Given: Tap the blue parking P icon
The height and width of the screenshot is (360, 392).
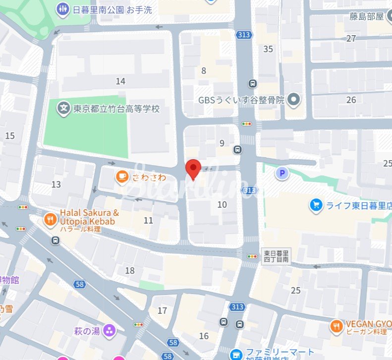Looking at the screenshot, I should [282, 173].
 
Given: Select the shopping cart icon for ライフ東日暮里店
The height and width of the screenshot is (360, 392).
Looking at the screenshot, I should [315, 205].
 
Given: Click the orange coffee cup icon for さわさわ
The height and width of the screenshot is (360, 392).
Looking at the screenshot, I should [122, 176].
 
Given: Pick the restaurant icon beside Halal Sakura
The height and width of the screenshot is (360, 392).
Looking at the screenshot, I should [50, 219].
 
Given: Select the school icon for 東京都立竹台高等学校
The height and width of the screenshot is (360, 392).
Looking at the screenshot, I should [63, 108].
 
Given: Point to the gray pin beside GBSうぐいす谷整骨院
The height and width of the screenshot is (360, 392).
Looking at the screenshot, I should [294, 100].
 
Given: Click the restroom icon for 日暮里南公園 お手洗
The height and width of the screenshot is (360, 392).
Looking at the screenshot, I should [62, 9].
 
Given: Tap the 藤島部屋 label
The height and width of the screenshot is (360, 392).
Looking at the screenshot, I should [366, 17].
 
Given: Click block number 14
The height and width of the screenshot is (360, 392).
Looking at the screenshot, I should [120, 81].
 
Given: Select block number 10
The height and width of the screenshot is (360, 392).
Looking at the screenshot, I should [222, 204].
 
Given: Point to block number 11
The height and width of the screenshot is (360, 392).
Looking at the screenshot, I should [148, 221].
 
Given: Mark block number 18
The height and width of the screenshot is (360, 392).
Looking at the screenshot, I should [130, 270].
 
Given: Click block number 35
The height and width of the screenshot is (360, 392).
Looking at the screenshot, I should [268, 49].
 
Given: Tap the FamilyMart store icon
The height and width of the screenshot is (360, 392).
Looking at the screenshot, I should [237, 354].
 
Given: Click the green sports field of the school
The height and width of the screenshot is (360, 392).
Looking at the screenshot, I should [84, 129].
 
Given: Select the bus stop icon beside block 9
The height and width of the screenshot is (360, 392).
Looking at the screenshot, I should [238, 149].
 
